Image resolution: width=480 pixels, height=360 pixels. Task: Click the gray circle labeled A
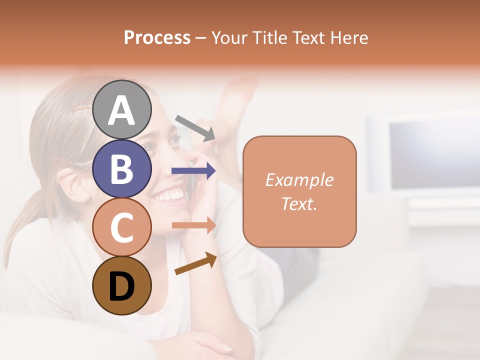(x=122, y=109)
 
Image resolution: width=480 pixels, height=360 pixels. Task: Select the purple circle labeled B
(x=122, y=168)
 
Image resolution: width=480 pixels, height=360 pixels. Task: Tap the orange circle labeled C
(x=122, y=227)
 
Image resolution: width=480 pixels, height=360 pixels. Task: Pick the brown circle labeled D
(x=122, y=286)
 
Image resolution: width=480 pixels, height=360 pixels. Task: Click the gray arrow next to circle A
(x=195, y=127)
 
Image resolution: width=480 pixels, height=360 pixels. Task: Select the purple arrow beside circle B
(x=193, y=171)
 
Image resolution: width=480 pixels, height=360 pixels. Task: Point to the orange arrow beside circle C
(x=193, y=225)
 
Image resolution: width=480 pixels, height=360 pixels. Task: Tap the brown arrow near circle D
(x=195, y=264)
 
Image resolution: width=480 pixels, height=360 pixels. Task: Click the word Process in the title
(x=157, y=37)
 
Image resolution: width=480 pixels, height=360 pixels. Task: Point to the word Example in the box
(x=299, y=180)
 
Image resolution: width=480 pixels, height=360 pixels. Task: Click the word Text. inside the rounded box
(x=299, y=203)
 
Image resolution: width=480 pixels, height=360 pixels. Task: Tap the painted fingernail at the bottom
(x=226, y=347)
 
